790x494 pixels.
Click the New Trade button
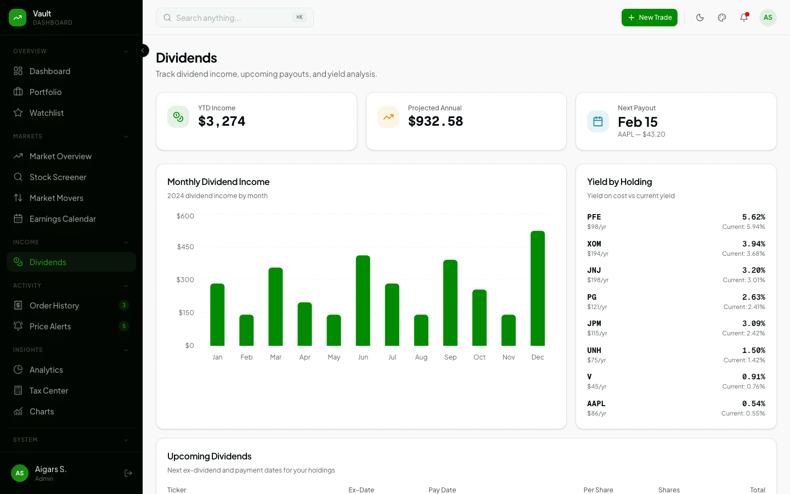click(649, 18)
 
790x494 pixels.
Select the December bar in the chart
click(538, 288)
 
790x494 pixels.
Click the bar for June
click(363, 300)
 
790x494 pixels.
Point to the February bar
click(246, 330)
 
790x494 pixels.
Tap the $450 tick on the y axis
click(185, 247)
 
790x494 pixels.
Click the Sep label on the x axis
click(450, 357)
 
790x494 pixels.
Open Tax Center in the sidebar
click(49, 391)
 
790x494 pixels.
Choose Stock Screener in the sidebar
click(58, 177)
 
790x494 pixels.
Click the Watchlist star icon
click(18, 113)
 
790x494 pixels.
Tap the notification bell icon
click(744, 18)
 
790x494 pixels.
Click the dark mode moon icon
click(700, 18)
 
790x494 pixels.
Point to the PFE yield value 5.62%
click(753, 217)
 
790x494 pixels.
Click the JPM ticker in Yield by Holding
click(594, 324)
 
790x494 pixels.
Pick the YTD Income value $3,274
click(222, 121)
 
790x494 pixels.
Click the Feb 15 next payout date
click(637, 122)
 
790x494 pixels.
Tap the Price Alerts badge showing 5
click(124, 327)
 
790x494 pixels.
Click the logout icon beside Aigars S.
click(128, 473)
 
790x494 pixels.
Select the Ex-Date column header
click(361, 490)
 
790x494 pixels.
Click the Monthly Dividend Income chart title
click(218, 182)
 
